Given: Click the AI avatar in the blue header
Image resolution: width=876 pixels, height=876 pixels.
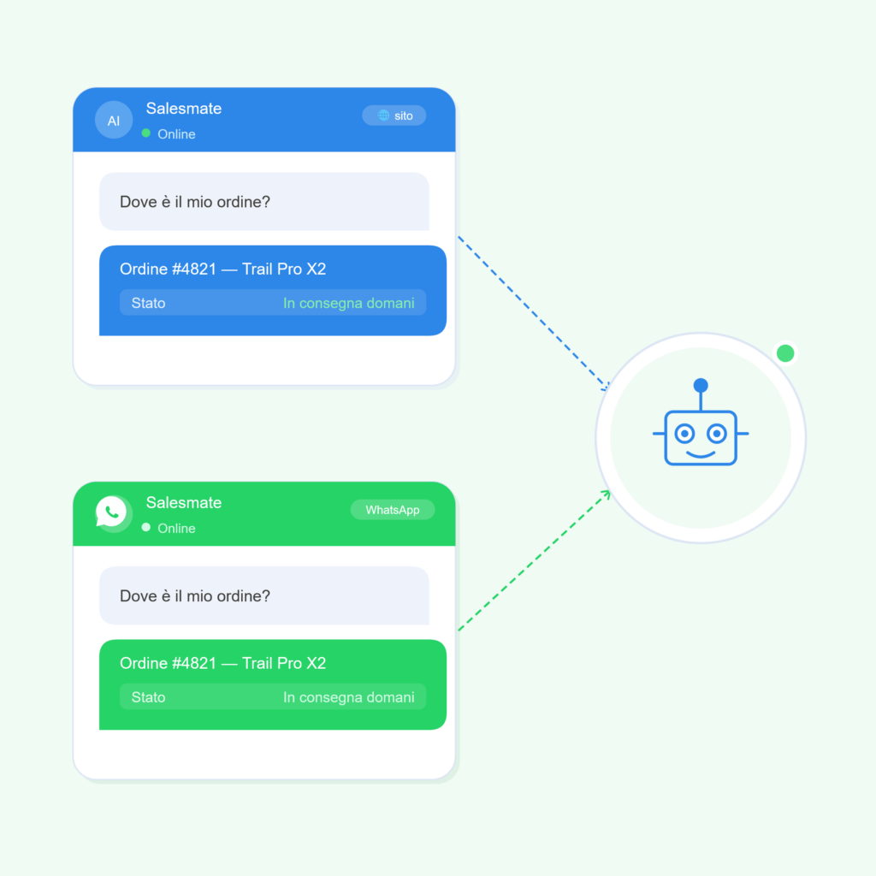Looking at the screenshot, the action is coord(114,120).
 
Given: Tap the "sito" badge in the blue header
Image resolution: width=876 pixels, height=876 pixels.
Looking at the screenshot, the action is coord(394,115).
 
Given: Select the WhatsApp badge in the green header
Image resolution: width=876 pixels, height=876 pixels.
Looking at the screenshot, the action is coord(392,510).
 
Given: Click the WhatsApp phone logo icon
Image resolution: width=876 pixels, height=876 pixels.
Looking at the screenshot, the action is coord(112,512).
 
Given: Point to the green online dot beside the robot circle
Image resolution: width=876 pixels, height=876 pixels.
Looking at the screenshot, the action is coord(785,353).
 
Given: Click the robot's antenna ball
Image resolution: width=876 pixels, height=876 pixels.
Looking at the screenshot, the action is coord(701,385).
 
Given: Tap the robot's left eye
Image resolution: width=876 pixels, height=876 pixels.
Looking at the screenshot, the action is coord(684,434).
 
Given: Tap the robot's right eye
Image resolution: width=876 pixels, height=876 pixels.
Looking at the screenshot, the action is coord(717,434).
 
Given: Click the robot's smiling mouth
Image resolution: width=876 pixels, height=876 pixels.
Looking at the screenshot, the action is coord(701,454).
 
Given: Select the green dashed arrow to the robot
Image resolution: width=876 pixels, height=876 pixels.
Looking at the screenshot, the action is coord(534,560).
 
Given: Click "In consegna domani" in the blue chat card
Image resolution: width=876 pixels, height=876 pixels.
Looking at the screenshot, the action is coord(349,303).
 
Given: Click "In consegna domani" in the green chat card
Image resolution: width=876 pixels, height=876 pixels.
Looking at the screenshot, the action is coord(349,697).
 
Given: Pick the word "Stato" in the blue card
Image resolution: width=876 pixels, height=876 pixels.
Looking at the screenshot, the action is coord(148,303).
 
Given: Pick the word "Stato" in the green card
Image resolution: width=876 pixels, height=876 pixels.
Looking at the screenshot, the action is coord(148,697).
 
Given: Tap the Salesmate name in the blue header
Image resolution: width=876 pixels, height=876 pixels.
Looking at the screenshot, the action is coord(184,109).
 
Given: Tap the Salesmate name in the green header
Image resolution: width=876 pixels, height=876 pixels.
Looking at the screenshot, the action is coord(184,503).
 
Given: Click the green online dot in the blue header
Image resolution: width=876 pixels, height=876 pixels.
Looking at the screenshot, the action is coord(145,133).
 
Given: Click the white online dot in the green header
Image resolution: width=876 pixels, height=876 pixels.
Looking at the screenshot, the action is coord(145,527).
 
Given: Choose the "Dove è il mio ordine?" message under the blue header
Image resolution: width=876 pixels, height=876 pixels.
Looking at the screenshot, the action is coord(264,202).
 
